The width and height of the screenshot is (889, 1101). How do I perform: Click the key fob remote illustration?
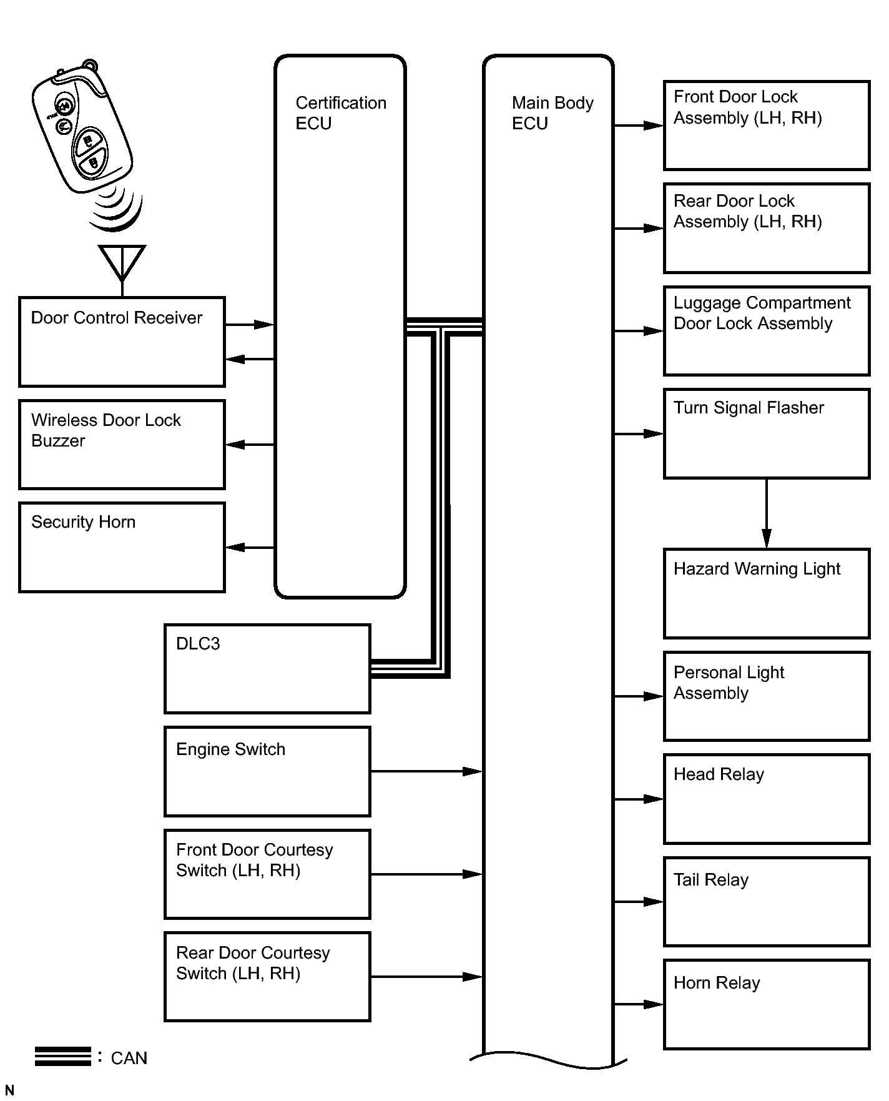tap(81, 128)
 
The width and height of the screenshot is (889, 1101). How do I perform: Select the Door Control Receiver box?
tap(122, 342)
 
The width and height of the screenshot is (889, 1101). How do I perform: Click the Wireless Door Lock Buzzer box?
tap(122, 445)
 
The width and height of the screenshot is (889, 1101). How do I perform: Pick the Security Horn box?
tap(122, 547)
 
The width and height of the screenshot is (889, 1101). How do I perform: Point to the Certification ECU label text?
tap(341, 113)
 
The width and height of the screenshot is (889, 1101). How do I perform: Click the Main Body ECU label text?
tap(553, 113)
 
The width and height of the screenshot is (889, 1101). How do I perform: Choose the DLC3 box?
tap(267, 668)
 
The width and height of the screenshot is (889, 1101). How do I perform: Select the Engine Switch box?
tap(267, 771)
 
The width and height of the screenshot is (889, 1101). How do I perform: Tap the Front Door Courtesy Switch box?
tap(267, 874)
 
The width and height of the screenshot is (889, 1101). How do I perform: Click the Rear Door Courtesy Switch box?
tap(267, 977)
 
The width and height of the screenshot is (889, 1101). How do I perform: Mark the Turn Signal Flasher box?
tap(767, 433)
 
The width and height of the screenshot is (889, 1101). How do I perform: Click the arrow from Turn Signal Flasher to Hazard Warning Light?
tap(767, 513)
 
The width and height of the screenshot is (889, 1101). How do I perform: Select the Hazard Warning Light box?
tap(767, 593)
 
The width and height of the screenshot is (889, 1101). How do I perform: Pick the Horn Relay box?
tap(767, 1004)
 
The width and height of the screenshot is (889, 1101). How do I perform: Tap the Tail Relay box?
tap(767, 902)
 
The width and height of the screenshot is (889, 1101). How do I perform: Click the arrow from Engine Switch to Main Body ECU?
tap(427, 771)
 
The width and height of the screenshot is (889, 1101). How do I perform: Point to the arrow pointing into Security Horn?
tap(250, 548)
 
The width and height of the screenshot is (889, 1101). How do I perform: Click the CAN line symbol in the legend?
tap(63, 1056)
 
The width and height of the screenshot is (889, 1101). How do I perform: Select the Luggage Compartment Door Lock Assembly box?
tap(767, 331)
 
